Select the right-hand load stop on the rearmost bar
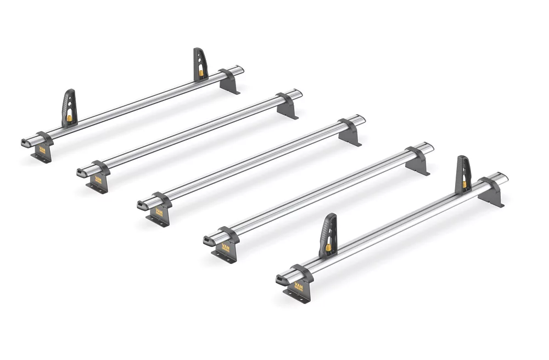coord(200,64)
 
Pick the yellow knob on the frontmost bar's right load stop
coord(464,185)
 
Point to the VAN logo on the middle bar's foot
coord(159,211)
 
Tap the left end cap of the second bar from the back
coord(81,173)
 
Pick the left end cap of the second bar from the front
coord(209,240)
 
